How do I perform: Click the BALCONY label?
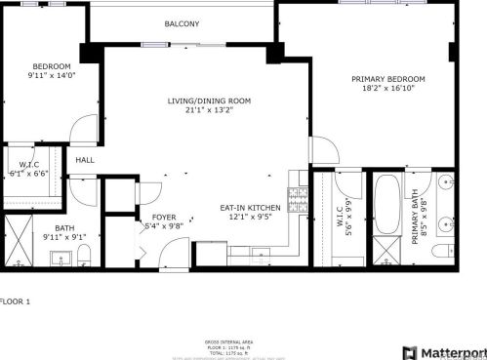coord(182,23)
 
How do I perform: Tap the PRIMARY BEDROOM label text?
coord(388,79)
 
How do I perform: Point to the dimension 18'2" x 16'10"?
coord(388,89)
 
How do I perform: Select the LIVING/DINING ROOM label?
coord(209,100)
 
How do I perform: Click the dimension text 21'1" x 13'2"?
coord(209,110)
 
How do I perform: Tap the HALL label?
coord(85,160)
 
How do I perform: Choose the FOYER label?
coord(164,217)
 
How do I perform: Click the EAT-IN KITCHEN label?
coord(250,208)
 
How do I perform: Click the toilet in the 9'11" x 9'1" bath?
coord(85,256)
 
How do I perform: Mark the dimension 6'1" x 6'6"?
coord(29,174)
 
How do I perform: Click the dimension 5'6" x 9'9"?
coord(347,218)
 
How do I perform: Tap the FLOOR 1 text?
coord(16,301)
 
